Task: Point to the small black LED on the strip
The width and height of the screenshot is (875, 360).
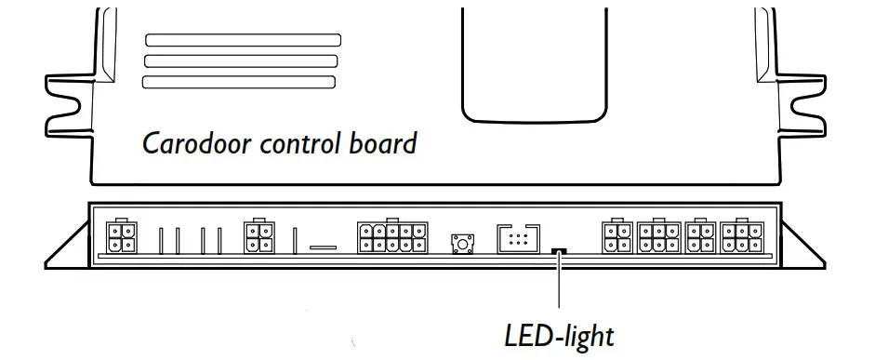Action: coord(560,249)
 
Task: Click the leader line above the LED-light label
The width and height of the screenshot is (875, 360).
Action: coord(560,284)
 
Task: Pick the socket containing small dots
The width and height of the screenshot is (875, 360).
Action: coord(518,238)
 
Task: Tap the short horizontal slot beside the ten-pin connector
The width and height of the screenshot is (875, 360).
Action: coord(323,247)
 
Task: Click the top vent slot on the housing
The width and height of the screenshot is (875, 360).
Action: coord(243,41)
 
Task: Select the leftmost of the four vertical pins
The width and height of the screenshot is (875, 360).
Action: coord(160,240)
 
